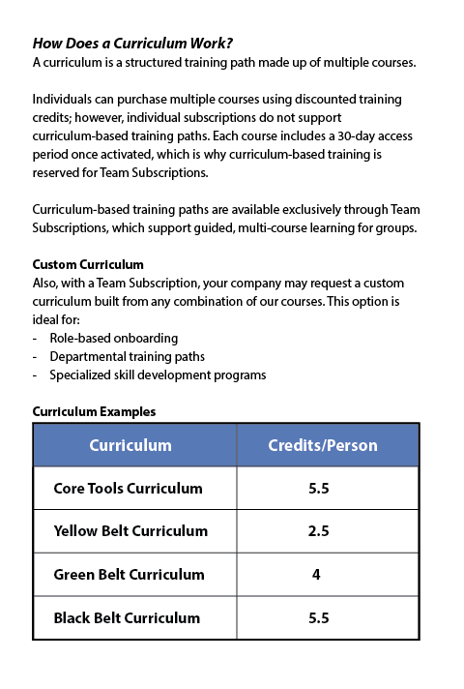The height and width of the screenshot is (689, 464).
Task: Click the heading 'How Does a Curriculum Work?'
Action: [x=132, y=44]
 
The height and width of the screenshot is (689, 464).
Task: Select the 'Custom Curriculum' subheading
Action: [x=88, y=264]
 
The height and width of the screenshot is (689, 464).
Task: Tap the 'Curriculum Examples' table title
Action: [x=94, y=411]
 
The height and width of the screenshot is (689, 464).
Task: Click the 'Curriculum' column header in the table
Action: [x=130, y=446]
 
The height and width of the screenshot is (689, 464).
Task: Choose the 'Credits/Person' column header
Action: [x=322, y=446]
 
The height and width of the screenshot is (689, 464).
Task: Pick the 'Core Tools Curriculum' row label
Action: [x=128, y=489]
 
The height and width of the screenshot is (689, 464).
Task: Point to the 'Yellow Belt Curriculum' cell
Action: [x=130, y=531]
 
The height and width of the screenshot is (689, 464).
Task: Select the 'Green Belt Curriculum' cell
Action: [x=129, y=575]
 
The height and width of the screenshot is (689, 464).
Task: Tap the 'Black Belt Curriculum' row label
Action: [x=127, y=617]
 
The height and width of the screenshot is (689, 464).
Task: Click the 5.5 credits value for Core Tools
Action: [x=319, y=489]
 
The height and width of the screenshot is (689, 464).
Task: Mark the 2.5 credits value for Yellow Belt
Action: [x=319, y=531]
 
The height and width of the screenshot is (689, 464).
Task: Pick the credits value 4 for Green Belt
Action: [x=316, y=575]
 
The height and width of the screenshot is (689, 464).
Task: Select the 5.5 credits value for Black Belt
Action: [x=319, y=617]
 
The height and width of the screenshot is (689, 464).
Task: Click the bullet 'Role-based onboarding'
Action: [x=114, y=339]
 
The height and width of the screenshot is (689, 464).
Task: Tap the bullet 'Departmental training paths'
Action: [x=129, y=357]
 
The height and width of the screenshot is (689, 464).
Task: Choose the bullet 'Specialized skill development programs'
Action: [x=158, y=375]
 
